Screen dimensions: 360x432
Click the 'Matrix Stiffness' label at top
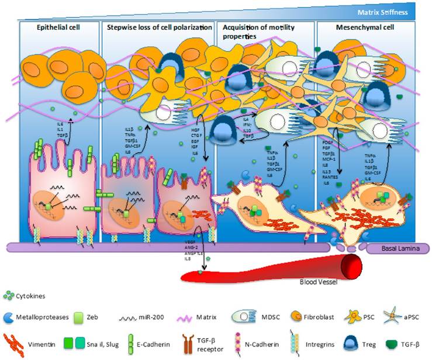pyautogui.click(x=392, y=9)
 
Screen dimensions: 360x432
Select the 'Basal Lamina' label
pyautogui.click(x=404, y=249)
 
